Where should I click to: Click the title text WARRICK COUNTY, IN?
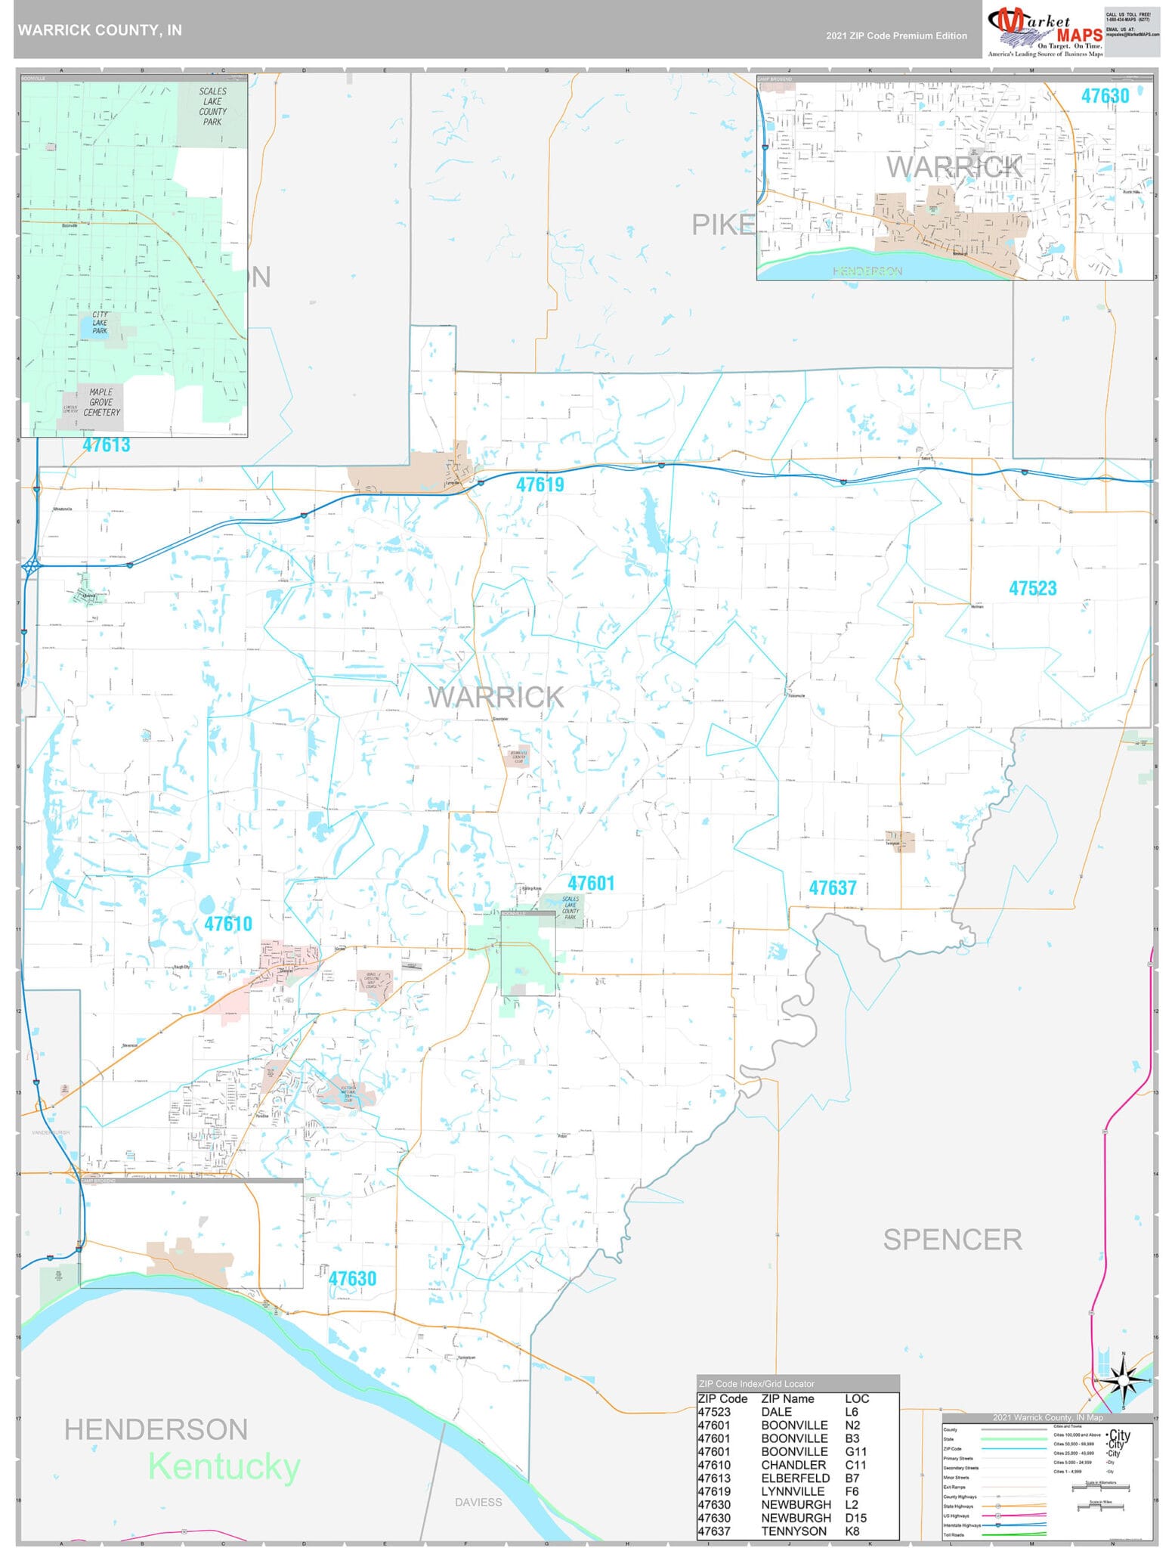pyautogui.click(x=100, y=30)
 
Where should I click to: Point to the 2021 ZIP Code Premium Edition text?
pyautogui.click(x=896, y=36)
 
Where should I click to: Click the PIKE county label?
pyautogui.click(x=723, y=224)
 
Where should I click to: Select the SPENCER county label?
pyautogui.click(x=952, y=1240)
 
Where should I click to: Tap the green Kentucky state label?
pyautogui.click(x=224, y=1466)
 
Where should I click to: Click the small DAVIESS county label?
pyautogui.click(x=478, y=1502)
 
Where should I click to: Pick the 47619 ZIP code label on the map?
pyautogui.click(x=540, y=485)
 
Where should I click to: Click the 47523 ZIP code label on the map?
pyautogui.click(x=1032, y=588)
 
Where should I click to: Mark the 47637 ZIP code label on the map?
pyautogui.click(x=833, y=888)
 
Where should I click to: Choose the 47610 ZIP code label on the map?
pyautogui.click(x=228, y=924)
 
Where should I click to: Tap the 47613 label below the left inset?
pyautogui.click(x=107, y=445)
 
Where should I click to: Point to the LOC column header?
pyautogui.click(x=857, y=1398)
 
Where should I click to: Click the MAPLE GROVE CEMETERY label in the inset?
pyautogui.click(x=101, y=402)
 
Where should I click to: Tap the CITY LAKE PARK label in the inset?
pyautogui.click(x=100, y=323)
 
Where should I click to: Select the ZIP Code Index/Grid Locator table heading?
pyautogui.click(x=756, y=1383)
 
